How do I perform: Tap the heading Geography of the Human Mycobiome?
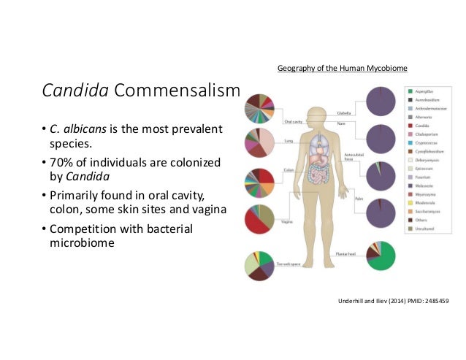click(x=342, y=69)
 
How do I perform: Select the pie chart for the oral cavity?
click(x=260, y=107)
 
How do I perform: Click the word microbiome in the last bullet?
click(x=77, y=243)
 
